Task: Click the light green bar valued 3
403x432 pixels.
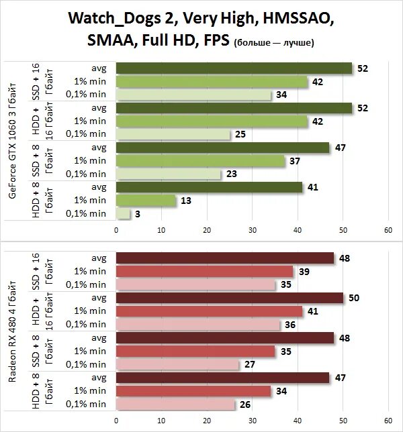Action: [x=123, y=214]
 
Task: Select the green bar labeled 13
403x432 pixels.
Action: [x=146, y=201]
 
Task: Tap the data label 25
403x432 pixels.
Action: [x=240, y=135]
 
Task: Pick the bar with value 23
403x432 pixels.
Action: [x=168, y=174]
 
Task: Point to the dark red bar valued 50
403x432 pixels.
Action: [x=229, y=298]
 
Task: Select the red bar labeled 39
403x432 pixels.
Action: [x=204, y=272]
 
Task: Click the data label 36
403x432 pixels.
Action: [x=290, y=325]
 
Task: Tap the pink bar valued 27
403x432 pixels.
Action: [x=177, y=364]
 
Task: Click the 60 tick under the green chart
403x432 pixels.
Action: [x=388, y=230]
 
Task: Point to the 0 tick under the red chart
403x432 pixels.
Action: [x=116, y=421]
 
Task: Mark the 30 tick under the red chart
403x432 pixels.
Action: [x=252, y=421]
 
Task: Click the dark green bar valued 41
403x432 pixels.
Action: [x=209, y=188]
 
